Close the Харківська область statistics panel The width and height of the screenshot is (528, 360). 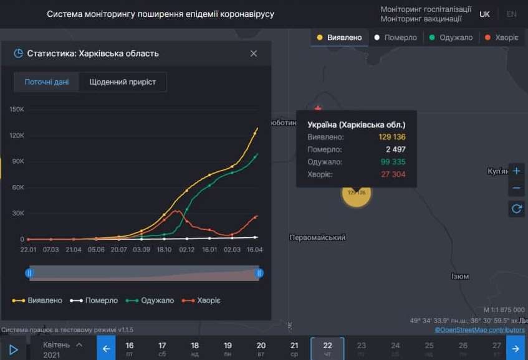(x=254, y=54)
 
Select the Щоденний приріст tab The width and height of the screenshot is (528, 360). (x=123, y=82)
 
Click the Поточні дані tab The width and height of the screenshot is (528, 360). (x=47, y=82)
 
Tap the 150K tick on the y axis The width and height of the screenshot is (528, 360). (x=17, y=110)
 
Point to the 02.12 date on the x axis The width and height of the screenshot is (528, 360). (x=187, y=249)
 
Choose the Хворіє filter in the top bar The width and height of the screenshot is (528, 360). (x=502, y=37)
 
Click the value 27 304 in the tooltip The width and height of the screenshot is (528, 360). (x=393, y=174)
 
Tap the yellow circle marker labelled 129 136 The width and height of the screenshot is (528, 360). (x=356, y=192)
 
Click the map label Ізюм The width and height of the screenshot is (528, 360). (x=460, y=276)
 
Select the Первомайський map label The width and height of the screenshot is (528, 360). (x=317, y=237)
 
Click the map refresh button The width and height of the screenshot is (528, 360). (x=516, y=209)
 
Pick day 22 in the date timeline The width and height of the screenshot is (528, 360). (x=327, y=348)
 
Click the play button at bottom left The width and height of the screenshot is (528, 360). (x=14, y=349)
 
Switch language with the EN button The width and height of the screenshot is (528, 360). (x=512, y=14)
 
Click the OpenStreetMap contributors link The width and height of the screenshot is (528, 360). (x=480, y=329)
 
